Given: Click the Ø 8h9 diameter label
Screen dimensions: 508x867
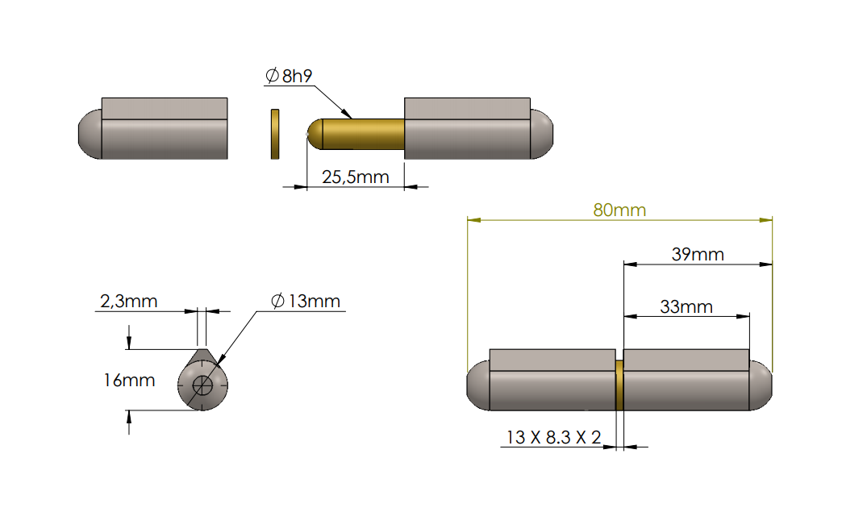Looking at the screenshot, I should point(288,76).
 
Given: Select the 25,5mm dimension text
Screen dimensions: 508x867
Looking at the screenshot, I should point(356,177).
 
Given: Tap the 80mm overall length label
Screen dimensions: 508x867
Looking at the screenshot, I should point(619,210).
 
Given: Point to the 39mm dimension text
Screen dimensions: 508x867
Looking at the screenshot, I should point(698,255).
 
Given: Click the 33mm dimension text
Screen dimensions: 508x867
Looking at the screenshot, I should point(686,306).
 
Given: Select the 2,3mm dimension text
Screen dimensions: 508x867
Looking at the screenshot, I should point(128,302).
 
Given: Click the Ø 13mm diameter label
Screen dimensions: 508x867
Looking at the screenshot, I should point(306,302).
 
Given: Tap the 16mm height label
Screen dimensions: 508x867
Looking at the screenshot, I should point(129,380).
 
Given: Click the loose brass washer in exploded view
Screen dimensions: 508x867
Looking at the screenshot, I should point(274,133).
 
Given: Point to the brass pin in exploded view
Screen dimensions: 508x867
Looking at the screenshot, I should point(363,133).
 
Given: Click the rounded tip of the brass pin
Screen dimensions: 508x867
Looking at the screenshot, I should point(314,133).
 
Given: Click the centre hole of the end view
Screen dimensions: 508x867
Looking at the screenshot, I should point(203,385).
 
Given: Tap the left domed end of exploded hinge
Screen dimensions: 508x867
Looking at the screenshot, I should point(89,135).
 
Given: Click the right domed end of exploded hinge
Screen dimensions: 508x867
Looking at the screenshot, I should point(542,135).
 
